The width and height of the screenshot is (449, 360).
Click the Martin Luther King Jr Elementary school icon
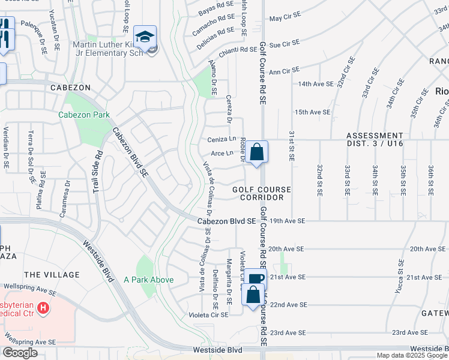(x=145, y=37)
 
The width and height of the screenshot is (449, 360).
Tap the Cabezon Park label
(x=84, y=115)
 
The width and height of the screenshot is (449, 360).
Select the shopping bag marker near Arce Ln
(x=256, y=152)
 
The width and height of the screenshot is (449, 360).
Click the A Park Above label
(x=148, y=280)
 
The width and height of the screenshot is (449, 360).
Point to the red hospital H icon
(x=43, y=308)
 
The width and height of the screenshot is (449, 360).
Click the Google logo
(x=20, y=353)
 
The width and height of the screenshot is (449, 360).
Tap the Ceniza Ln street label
(x=221, y=140)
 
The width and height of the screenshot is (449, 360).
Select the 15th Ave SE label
(x=312, y=112)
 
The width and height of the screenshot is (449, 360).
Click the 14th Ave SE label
(x=315, y=84)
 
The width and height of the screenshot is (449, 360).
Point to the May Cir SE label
(x=284, y=19)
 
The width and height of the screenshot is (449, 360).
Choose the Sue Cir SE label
(x=284, y=44)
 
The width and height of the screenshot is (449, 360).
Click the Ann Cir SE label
(x=284, y=72)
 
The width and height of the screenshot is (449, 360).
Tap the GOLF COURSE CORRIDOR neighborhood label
(x=262, y=193)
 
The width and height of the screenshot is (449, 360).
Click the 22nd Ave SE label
(x=288, y=305)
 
